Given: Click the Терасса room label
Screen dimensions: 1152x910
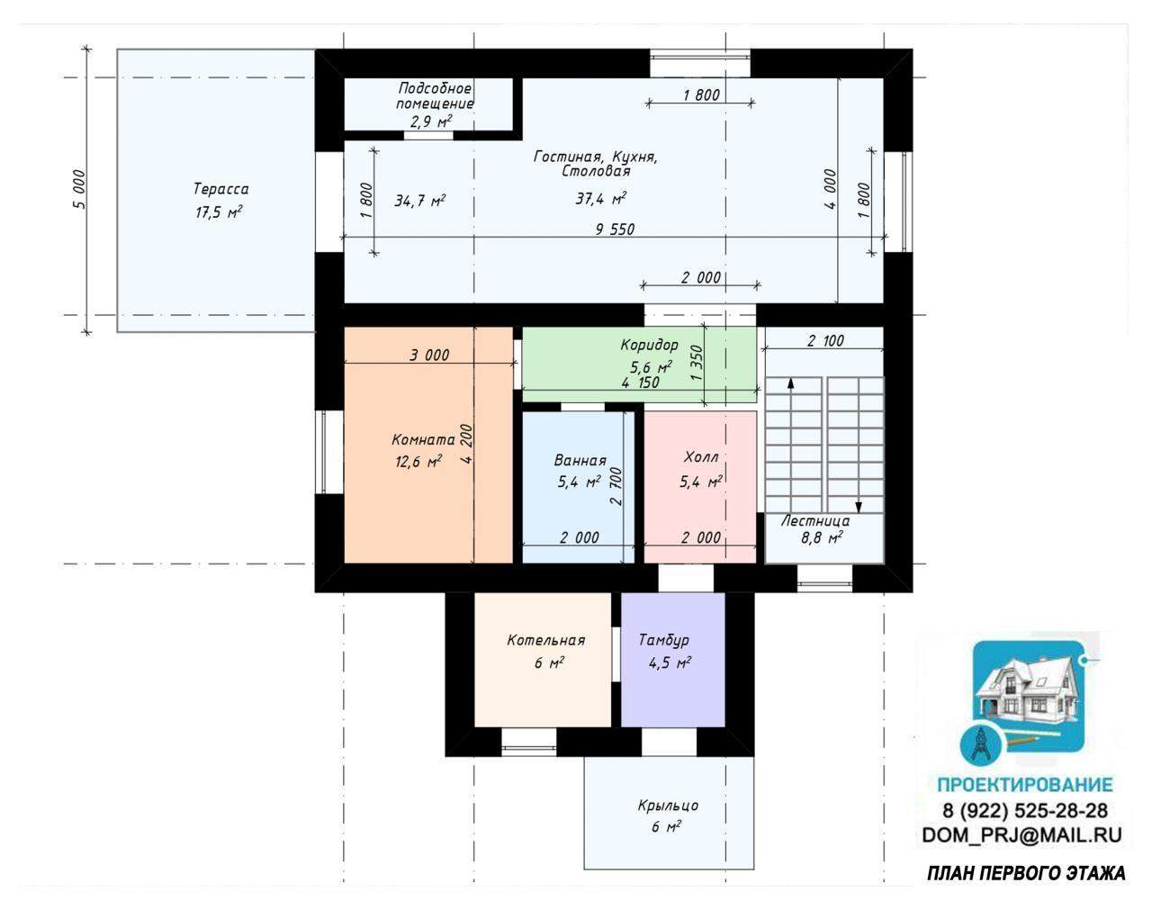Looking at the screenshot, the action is pos(220,189).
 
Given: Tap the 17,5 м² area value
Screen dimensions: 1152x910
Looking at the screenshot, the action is pos(219,212).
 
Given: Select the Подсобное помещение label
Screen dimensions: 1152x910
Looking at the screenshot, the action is pos(435,95).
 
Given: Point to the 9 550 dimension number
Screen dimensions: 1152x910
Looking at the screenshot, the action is pos(615,230).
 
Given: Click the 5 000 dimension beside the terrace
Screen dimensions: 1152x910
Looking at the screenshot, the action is pos(78,190).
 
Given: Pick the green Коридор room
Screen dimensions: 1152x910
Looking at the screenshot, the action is pos(640,364).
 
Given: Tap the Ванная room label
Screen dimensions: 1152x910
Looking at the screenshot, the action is pos(580,460).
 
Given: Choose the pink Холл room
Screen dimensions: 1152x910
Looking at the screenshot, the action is pos(700,487).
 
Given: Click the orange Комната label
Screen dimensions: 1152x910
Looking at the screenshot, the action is pos(423,440).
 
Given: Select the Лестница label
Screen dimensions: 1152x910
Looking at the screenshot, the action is pos(814,520).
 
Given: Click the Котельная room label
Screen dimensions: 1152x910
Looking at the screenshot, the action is pos(546,640).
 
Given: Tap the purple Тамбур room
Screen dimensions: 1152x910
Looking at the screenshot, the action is pos(673,660).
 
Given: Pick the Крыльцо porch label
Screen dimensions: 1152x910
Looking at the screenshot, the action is pos(668,806).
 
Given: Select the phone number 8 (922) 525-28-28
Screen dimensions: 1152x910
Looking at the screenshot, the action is pos(1024,810).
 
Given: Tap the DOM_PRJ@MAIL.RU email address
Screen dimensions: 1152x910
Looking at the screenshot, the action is pos(1021,835).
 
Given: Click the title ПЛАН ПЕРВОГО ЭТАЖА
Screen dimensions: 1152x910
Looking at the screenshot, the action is pos(1026,874).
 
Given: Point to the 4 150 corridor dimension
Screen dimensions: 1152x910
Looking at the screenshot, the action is pos(640,383).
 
